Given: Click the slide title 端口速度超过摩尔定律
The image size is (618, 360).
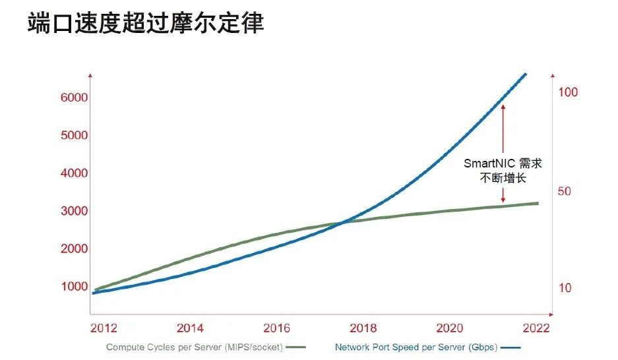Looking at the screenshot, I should point(146,24).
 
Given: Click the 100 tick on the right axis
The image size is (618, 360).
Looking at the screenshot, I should point(568,92).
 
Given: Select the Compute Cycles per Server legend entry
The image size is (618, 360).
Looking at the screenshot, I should point(195,346).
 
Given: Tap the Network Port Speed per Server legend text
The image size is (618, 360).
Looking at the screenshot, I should point(416,346).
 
